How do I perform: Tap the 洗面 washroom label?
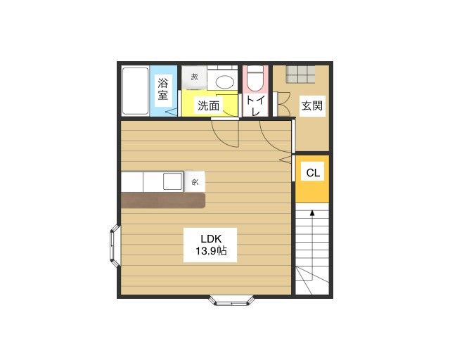tap(209, 105)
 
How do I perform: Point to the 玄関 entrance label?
tap(312, 106)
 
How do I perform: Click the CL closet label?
tap(313, 172)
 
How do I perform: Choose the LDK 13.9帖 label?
tap(211, 245)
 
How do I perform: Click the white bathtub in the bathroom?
tap(135, 91)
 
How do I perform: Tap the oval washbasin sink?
tap(225, 82)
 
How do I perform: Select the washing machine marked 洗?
tap(194, 77)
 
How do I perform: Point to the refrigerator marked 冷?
tap(195, 181)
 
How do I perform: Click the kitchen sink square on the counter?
tap(172, 181)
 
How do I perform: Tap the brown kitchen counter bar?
tap(163, 200)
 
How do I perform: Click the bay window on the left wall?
tap(115, 246)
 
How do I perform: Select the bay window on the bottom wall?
tap(231, 300)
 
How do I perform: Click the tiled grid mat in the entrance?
tap(300, 75)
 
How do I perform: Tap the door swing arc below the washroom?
tap(225, 134)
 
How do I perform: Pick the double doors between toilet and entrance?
tap(281, 104)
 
